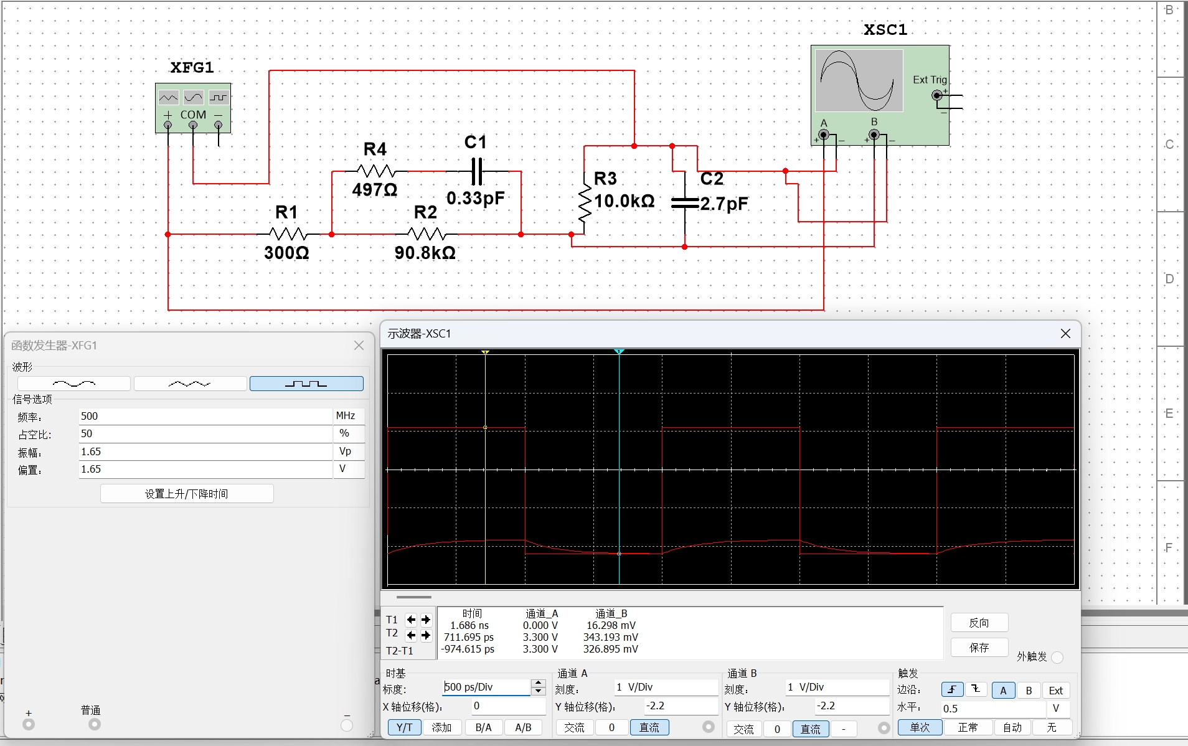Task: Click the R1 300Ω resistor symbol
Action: tap(288, 234)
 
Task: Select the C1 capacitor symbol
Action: tap(477, 171)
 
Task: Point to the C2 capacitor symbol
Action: tap(685, 203)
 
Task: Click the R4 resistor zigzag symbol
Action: tap(375, 171)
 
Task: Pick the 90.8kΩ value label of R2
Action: tap(425, 253)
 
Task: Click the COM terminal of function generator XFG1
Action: tap(193, 125)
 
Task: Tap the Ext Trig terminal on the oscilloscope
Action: tap(937, 95)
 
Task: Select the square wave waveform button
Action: tap(306, 384)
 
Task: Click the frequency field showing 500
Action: tap(205, 416)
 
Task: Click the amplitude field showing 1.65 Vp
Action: tap(205, 451)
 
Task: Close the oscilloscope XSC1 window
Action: tap(1065, 334)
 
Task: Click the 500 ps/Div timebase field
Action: tap(486, 687)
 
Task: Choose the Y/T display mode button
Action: tap(405, 727)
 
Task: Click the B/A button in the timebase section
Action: tap(483, 727)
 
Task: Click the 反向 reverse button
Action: tap(979, 623)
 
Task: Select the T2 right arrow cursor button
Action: tap(426, 635)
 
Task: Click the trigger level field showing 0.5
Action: tap(993, 709)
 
